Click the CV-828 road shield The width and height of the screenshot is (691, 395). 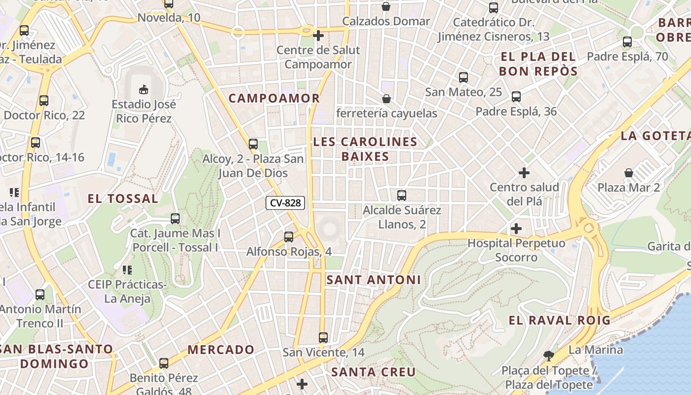[285, 202]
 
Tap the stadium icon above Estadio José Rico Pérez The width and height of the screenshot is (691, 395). [143, 89]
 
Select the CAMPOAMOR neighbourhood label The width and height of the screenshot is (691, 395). [274, 98]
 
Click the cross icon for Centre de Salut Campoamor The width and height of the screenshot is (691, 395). [318, 36]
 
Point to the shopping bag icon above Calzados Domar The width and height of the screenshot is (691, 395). [386, 6]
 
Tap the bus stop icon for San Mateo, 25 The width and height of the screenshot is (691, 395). [463, 78]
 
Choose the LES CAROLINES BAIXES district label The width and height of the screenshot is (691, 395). [365, 149]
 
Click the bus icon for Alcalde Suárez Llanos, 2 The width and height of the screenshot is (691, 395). [402, 196]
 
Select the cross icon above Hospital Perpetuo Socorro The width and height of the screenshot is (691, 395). [516, 229]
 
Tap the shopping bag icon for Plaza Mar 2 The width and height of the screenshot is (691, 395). [629, 173]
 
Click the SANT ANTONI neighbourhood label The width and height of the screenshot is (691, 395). [374, 280]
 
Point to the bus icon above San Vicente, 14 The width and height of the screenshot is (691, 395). [323, 338]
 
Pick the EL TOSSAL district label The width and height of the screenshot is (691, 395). [123, 199]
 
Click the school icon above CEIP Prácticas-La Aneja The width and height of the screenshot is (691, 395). [127, 270]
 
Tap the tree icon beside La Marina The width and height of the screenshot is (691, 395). [548, 355]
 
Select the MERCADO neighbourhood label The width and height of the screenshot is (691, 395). [221, 350]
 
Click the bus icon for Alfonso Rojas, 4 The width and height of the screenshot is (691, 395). [289, 237]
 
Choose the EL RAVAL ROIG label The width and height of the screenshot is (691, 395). [560, 320]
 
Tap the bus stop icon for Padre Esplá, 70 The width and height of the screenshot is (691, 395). [627, 42]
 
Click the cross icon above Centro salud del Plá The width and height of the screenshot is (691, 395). [524, 173]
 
